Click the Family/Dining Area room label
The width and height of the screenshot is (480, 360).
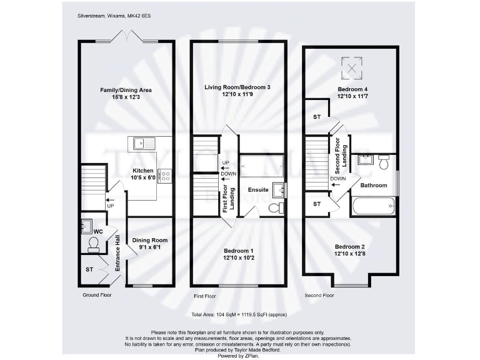(x=126, y=94)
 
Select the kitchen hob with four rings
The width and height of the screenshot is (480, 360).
(x=166, y=176)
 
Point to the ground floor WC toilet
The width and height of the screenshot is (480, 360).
(x=94, y=248)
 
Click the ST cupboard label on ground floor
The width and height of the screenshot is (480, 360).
(x=89, y=270)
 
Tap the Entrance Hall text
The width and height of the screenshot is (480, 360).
(x=117, y=252)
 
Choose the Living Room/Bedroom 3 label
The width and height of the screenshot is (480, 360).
(x=237, y=91)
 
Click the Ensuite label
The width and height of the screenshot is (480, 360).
(x=258, y=189)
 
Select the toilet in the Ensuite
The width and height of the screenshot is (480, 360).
(x=275, y=207)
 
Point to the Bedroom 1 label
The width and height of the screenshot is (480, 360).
(x=237, y=254)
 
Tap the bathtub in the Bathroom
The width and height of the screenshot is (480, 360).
(x=373, y=205)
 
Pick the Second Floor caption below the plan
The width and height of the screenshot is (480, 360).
(x=319, y=295)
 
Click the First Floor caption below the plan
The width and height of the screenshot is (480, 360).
(x=206, y=295)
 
